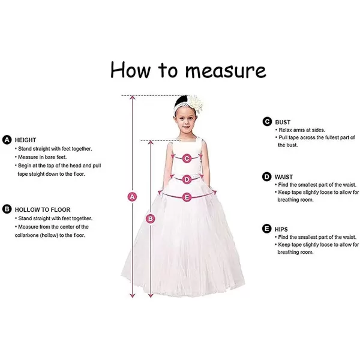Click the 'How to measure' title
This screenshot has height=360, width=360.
pos(188,70)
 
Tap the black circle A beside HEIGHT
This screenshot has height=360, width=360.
pos(7,139)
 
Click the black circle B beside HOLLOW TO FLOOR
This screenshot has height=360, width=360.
pos(7,209)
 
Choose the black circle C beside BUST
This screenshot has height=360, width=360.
pos(267,121)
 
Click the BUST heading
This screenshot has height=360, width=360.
pos(283,121)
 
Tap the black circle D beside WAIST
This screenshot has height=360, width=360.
pos(267,176)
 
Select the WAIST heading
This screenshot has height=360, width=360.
pos(284,176)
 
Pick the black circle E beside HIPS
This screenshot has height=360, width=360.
pos(267,229)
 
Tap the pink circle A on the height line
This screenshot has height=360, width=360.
pos(133,196)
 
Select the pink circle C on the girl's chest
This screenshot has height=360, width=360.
pos(187,158)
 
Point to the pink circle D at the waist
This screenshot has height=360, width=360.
pos(187,179)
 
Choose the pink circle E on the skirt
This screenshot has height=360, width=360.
pos(187,196)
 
